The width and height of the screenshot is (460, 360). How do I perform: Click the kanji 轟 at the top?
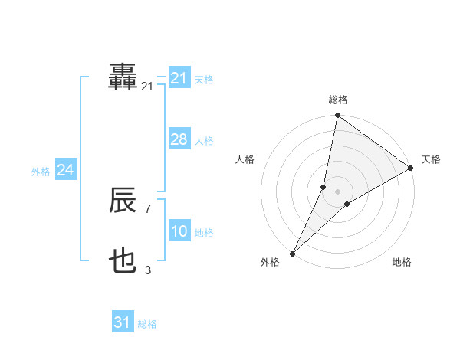(123, 77)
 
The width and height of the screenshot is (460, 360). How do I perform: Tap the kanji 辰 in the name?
(123, 201)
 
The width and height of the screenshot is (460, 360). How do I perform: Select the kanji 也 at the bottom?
(123, 263)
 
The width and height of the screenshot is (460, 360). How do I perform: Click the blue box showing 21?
(179, 78)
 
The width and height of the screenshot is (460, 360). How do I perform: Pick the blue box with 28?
(179, 139)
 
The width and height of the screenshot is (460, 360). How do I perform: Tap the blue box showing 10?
(179, 232)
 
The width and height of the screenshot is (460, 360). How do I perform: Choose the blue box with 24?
(66, 170)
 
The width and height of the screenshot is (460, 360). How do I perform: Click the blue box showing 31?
(123, 322)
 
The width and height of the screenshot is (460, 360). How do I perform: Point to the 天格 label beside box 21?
(204, 79)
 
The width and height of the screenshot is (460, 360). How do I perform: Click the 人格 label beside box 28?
(204, 141)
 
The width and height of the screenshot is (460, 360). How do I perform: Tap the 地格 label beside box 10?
(204, 233)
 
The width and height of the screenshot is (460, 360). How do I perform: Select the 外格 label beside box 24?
(41, 172)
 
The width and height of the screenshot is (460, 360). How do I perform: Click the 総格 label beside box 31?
(147, 324)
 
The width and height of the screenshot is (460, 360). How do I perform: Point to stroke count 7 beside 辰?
(147, 208)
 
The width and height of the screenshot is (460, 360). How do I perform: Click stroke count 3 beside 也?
(148, 270)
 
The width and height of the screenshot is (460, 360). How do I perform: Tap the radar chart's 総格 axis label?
(338, 100)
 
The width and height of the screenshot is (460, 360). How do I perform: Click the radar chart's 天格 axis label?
(432, 159)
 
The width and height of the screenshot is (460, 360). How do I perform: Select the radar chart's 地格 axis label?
(402, 262)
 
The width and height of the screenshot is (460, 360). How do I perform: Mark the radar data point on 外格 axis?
(293, 253)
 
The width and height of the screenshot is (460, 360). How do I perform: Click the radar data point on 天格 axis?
(411, 168)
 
